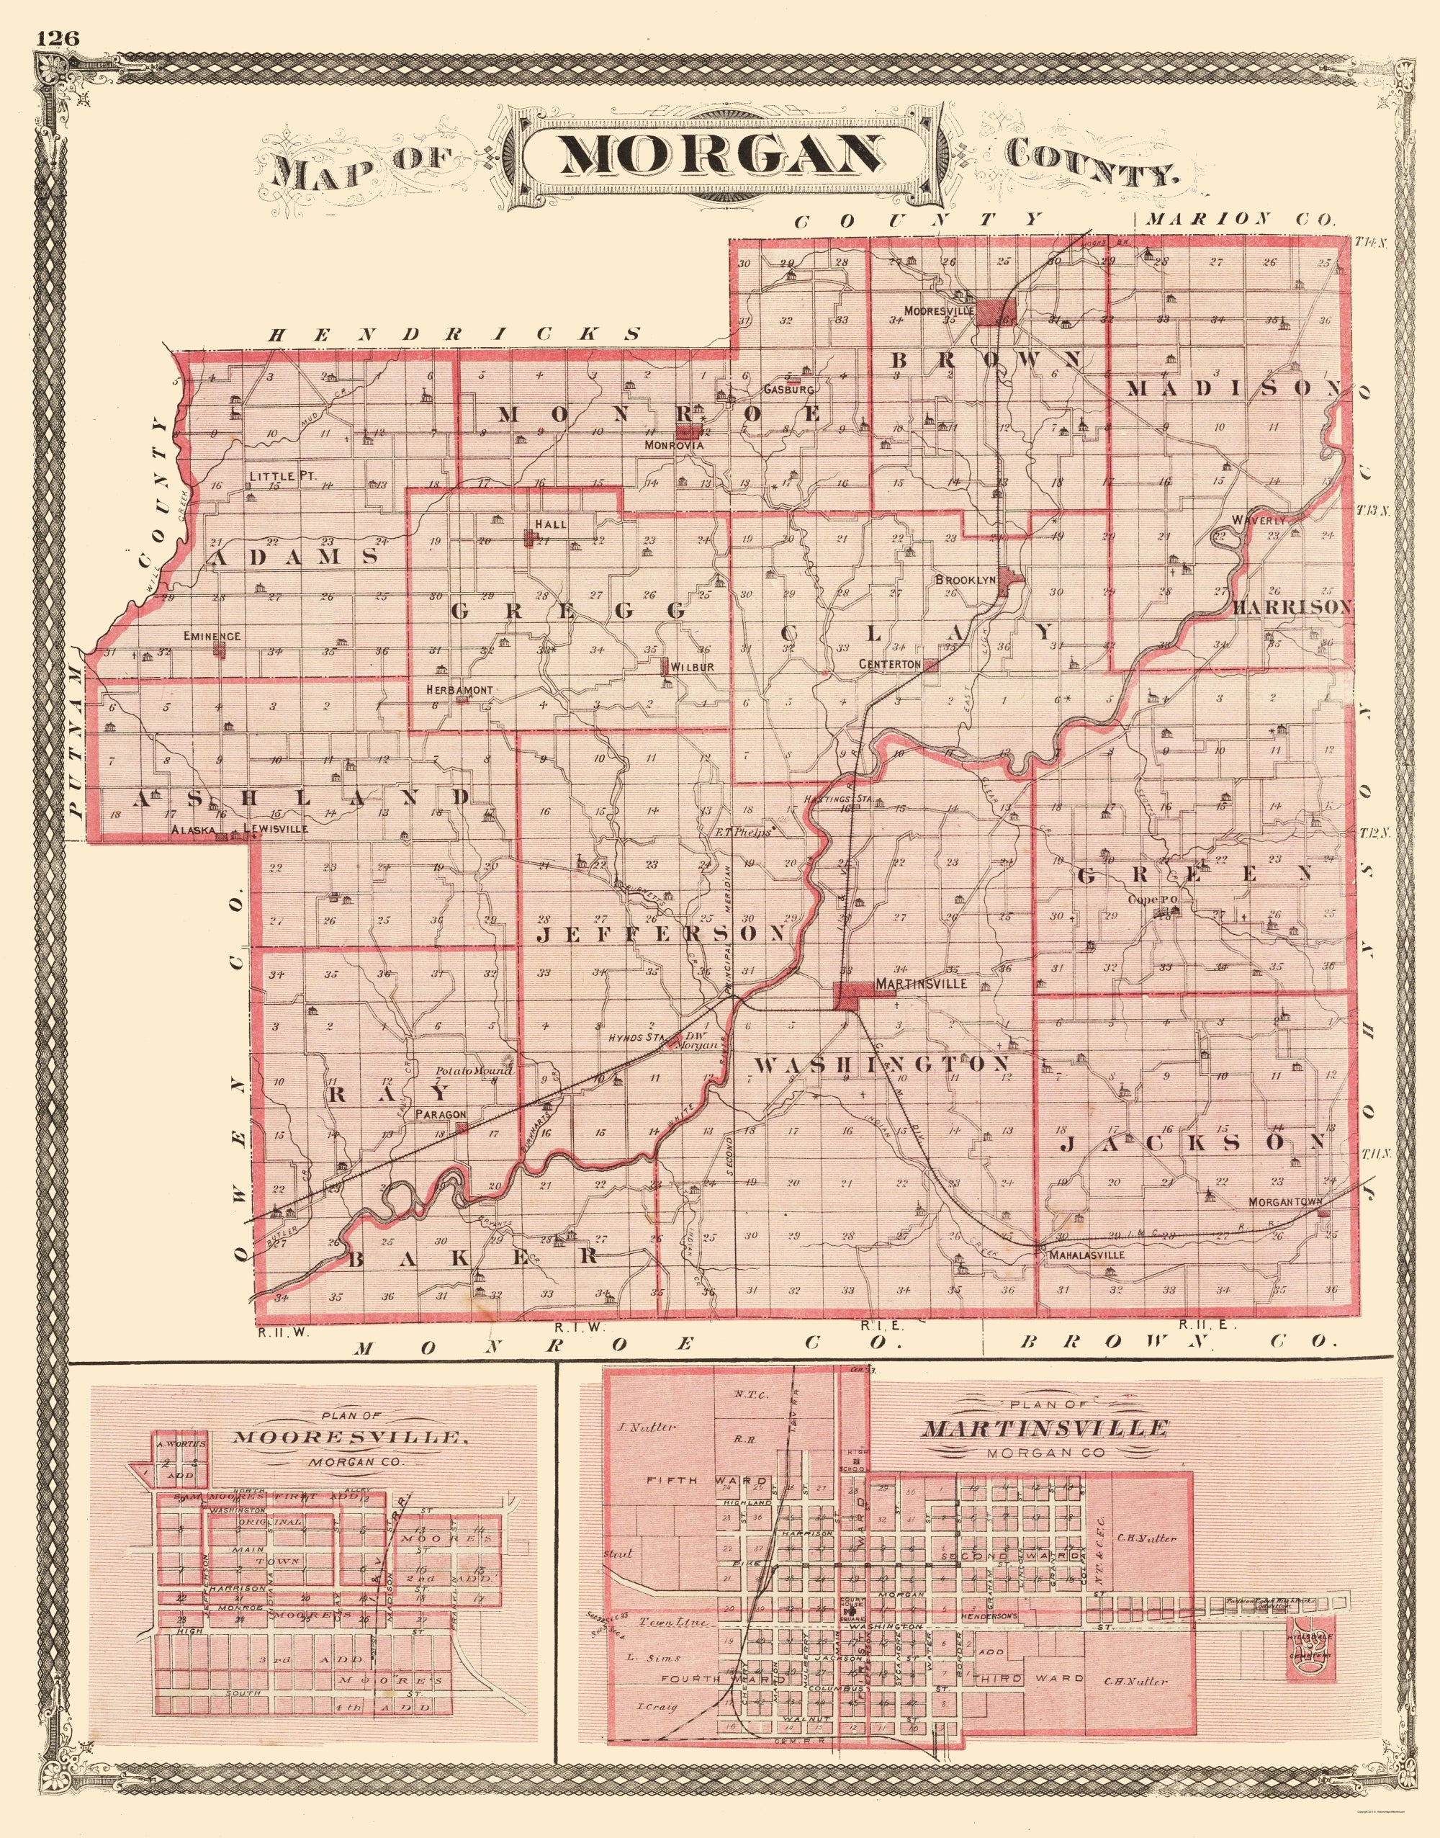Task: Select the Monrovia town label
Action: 674,444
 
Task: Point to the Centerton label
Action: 889,664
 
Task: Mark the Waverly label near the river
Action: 1259,520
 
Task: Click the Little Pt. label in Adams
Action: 282,475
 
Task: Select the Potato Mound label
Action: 474,1071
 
